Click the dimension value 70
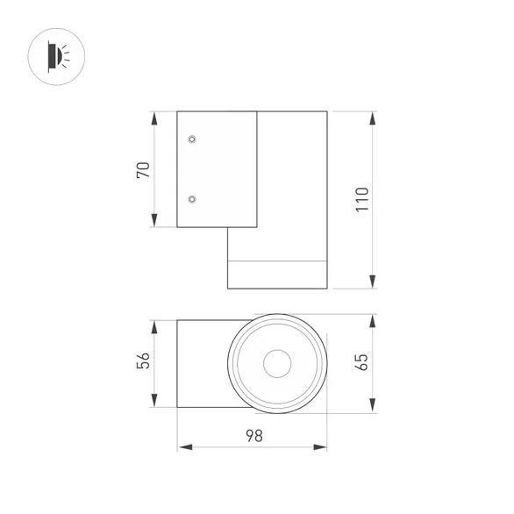tap(144, 169)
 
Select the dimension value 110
tap(362, 201)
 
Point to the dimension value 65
tap(362, 363)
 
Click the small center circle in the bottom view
tap(278, 362)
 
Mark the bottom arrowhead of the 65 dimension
tap(374, 406)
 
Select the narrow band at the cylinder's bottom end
tap(277, 275)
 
